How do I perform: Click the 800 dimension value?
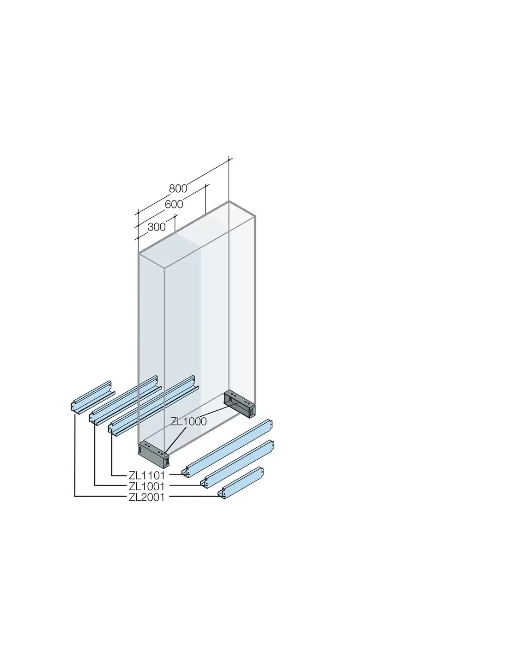point(178,189)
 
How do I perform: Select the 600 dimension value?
point(174,205)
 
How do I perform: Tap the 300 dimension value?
point(157,227)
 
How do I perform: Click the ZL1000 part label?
point(188,421)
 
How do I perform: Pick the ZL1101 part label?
point(147,475)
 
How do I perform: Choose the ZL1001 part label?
point(147,487)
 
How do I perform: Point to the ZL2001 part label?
point(147,497)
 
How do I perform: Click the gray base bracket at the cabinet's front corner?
point(153,455)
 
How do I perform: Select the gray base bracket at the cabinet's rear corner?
point(240,404)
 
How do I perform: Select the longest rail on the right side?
point(227,448)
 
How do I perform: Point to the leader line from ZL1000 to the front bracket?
point(175,441)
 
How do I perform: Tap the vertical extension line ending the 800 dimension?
point(229,180)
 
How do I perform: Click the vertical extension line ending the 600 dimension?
point(206,199)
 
